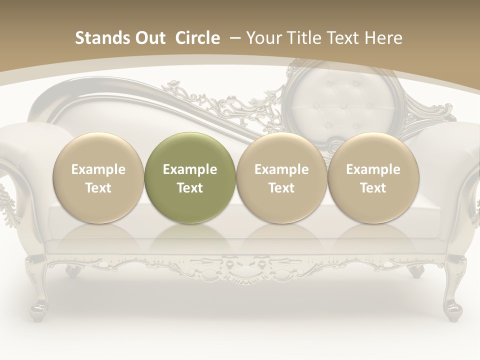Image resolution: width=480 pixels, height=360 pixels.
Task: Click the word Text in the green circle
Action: tap(190, 188)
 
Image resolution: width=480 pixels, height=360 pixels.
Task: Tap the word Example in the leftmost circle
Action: tap(98, 169)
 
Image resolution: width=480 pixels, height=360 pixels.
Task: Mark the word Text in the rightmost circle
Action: tap(373, 188)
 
